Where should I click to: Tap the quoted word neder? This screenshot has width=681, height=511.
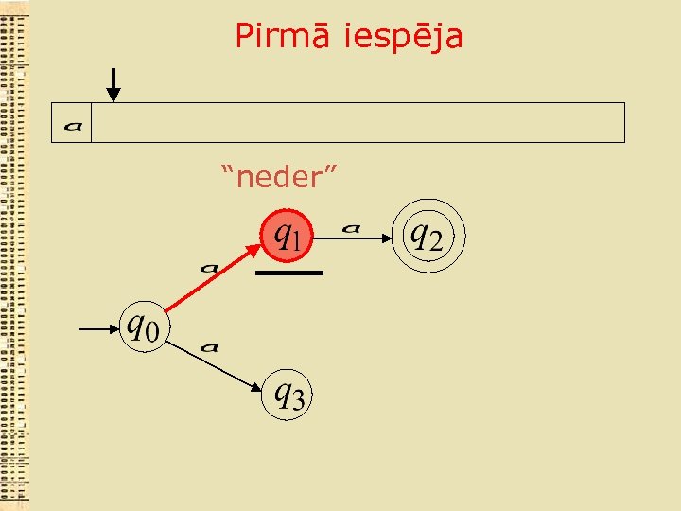click(x=280, y=175)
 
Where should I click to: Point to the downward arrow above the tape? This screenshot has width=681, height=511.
click(x=113, y=85)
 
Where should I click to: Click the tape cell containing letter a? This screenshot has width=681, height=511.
click(x=72, y=123)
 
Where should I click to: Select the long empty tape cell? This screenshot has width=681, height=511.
click(x=358, y=123)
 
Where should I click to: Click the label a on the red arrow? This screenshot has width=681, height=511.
click(x=210, y=267)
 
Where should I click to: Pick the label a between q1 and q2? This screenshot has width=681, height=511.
click(x=352, y=227)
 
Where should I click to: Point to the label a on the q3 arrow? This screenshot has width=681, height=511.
click(x=211, y=347)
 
